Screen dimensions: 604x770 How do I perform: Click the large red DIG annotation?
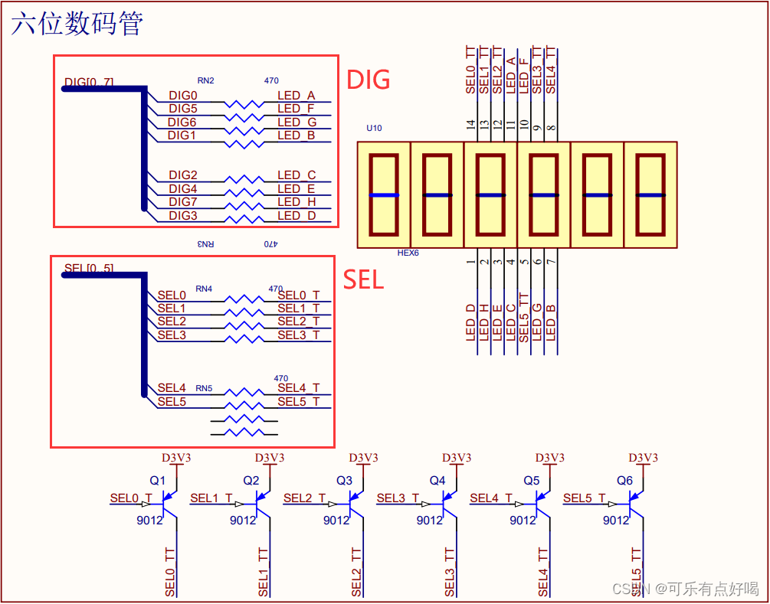click(369, 80)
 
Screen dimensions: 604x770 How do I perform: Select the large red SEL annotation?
click(363, 279)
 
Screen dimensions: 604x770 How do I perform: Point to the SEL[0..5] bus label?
click(89, 268)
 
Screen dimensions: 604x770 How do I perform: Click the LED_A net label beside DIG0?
click(297, 96)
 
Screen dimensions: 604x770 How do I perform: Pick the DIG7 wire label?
click(182, 202)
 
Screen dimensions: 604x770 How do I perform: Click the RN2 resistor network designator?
click(205, 80)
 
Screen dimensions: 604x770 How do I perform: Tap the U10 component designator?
click(374, 129)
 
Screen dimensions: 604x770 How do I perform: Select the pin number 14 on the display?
click(471, 125)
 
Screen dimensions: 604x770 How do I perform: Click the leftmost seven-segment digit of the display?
click(384, 194)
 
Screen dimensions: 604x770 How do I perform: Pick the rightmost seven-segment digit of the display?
click(650, 194)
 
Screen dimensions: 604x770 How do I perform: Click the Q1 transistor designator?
click(157, 481)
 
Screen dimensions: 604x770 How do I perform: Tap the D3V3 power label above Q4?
click(457, 458)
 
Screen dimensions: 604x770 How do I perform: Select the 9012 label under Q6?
click(616, 520)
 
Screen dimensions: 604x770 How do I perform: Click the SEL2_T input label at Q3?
click(305, 498)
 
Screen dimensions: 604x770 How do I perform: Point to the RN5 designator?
click(204, 388)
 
